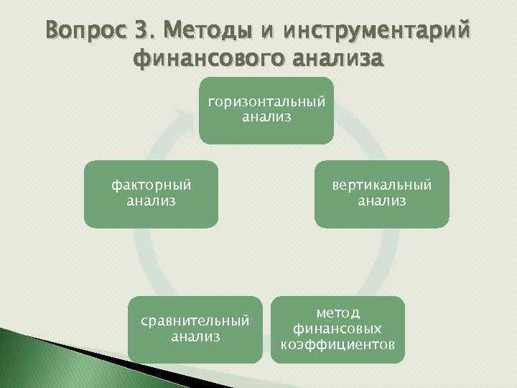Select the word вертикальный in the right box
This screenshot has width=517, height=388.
coord(382,185)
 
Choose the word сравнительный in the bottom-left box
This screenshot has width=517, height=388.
coord(196,320)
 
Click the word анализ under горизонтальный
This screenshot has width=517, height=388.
coord(266,116)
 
